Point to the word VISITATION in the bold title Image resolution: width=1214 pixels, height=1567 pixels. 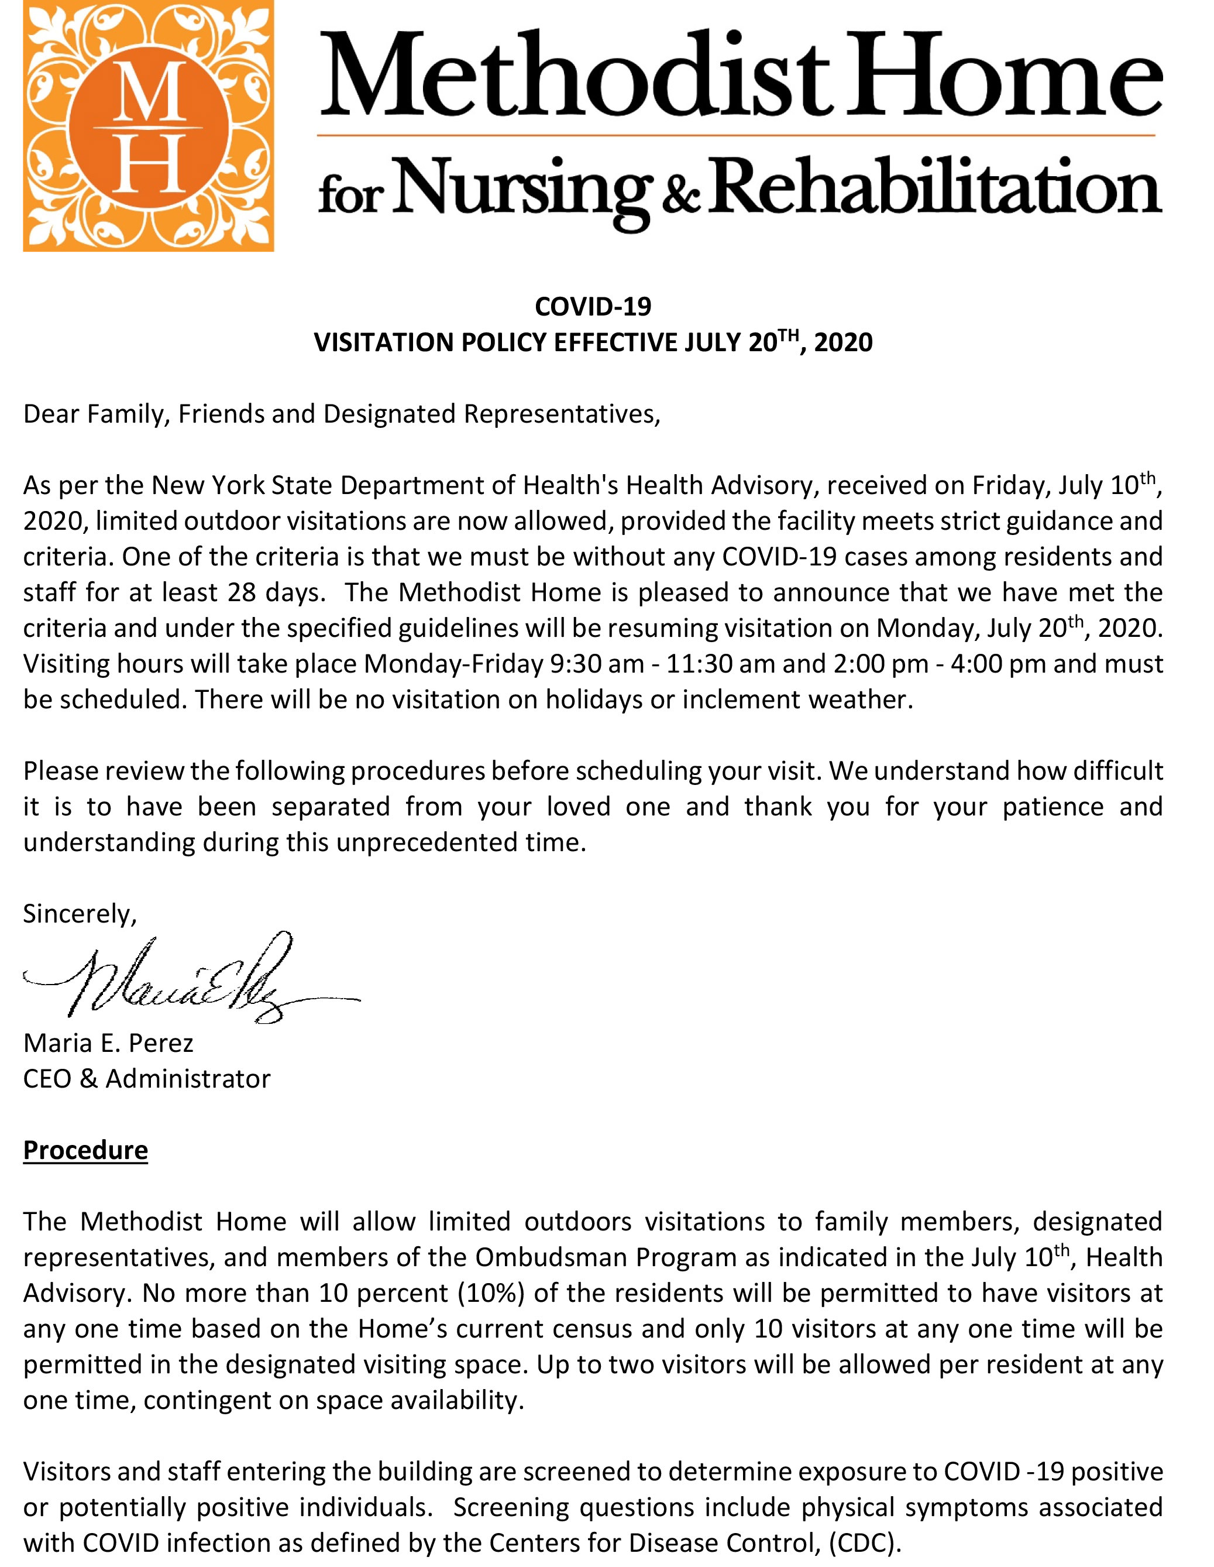pyautogui.click(x=384, y=343)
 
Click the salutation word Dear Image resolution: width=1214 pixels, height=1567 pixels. pyautogui.click(x=51, y=414)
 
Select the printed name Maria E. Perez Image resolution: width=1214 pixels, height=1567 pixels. pyautogui.click(x=108, y=1043)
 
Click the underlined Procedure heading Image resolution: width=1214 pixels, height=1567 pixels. pyautogui.click(x=85, y=1150)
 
